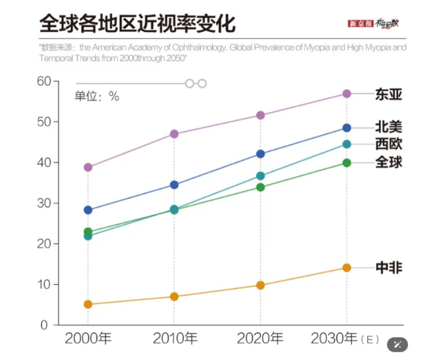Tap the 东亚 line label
(389, 94)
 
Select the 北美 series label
(389, 127)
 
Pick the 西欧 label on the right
(389, 144)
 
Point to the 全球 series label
(389, 162)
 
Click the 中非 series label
(389, 267)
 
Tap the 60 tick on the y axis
(44, 81)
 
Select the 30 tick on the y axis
(44, 203)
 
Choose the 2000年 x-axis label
(88, 339)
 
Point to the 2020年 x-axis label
(260, 339)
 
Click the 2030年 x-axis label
(334, 339)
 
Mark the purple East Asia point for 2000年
(88, 168)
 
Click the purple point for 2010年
(174, 134)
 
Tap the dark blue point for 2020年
(260, 154)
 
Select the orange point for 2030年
(346, 268)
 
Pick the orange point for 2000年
(88, 304)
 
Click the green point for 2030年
(346, 163)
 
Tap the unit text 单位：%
(96, 97)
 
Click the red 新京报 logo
(360, 24)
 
